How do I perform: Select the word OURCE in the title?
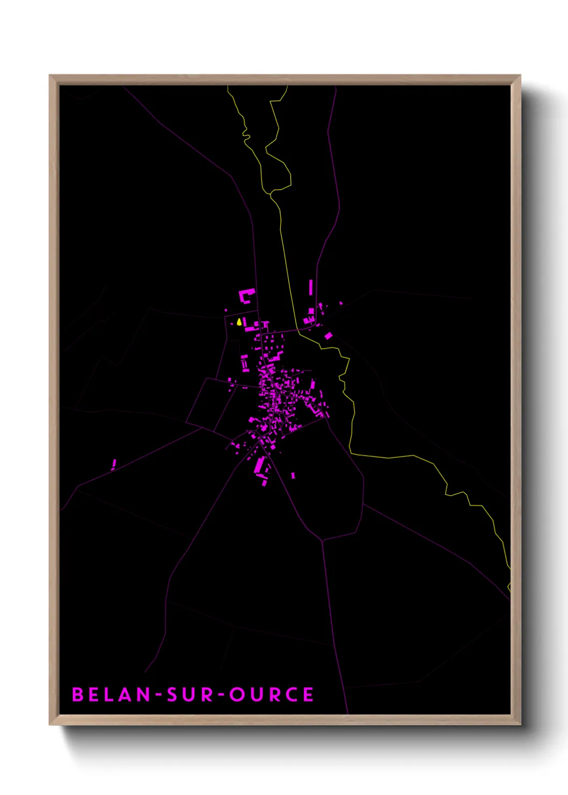point(272,695)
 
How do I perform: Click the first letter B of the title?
point(78,695)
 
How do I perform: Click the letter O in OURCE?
point(236,695)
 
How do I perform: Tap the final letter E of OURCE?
point(308,695)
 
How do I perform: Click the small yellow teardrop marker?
point(239,322)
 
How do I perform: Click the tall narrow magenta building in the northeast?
point(311,287)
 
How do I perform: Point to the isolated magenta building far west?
point(114,464)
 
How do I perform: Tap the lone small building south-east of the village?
point(293,475)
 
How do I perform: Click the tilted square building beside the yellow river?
point(328,336)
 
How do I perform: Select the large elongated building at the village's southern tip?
point(259,466)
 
